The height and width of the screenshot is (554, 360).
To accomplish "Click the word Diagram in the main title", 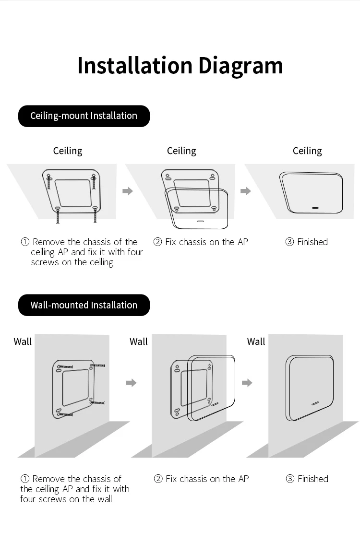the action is (240, 66).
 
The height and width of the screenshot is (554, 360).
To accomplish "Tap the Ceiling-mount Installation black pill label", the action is (84, 116).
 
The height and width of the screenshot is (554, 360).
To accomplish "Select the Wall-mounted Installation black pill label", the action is (84, 305).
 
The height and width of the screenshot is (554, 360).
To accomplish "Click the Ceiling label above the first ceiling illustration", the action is (68, 151).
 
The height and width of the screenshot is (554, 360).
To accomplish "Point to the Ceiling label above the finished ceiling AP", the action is (307, 151).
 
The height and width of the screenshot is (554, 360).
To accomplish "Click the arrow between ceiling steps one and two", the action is (128, 191).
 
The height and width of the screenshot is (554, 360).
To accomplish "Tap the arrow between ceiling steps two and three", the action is (246, 191).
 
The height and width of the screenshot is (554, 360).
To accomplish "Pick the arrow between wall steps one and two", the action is (131, 383).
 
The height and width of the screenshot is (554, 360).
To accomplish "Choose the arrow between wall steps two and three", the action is (247, 383).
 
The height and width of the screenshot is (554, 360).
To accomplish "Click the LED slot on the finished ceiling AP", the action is (315, 208).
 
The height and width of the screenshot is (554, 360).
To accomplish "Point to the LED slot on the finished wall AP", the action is (315, 403).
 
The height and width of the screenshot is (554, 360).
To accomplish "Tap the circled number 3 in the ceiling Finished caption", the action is (289, 242).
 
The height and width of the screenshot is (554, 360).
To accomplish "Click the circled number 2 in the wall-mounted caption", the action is (158, 479).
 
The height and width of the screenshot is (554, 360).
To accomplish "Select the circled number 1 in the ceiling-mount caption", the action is (25, 242).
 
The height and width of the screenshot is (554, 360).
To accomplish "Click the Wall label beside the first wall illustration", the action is (23, 342).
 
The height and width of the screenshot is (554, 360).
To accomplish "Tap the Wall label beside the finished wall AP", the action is (256, 342).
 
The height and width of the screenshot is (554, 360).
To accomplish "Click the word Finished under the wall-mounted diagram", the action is (313, 479).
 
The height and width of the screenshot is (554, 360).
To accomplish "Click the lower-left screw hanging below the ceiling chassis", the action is (58, 215).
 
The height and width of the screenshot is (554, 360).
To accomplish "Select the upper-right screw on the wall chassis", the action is (97, 365).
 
